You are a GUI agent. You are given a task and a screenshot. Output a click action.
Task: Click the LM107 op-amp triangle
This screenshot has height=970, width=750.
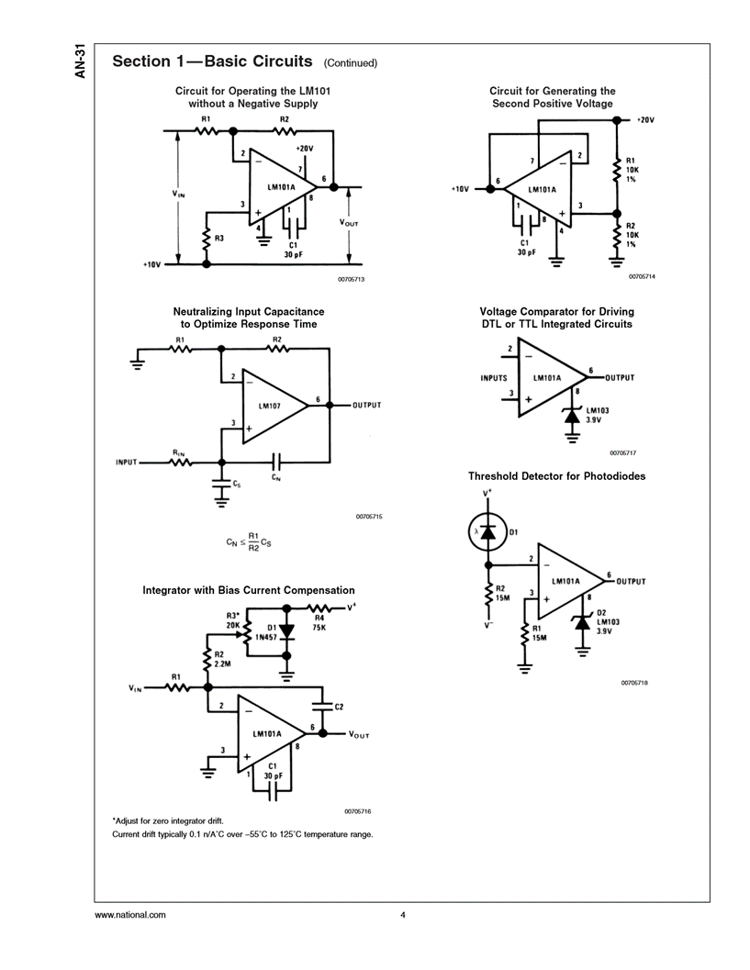(272, 405)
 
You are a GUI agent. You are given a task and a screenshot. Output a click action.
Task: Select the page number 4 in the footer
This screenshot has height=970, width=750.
(402, 915)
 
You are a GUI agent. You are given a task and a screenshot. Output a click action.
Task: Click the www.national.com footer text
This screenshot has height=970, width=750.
(130, 915)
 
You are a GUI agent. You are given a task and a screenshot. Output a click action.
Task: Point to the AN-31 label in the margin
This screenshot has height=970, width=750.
(81, 61)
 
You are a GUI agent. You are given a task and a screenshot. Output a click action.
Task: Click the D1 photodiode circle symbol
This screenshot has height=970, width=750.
(487, 532)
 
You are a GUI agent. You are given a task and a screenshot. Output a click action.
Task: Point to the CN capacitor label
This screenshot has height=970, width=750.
(276, 477)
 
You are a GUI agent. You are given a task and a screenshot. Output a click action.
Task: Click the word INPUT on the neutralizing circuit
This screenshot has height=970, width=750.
(126, 462)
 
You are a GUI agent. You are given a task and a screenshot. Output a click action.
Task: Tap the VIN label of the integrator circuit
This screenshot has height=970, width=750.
(137, 687)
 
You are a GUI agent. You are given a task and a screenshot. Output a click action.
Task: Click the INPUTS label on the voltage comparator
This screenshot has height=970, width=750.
(494, 378)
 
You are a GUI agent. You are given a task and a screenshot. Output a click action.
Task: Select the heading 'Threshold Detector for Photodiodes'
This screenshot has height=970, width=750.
(556, 476)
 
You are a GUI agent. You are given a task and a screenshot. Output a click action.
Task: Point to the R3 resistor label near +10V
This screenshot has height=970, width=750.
(218, 239)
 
